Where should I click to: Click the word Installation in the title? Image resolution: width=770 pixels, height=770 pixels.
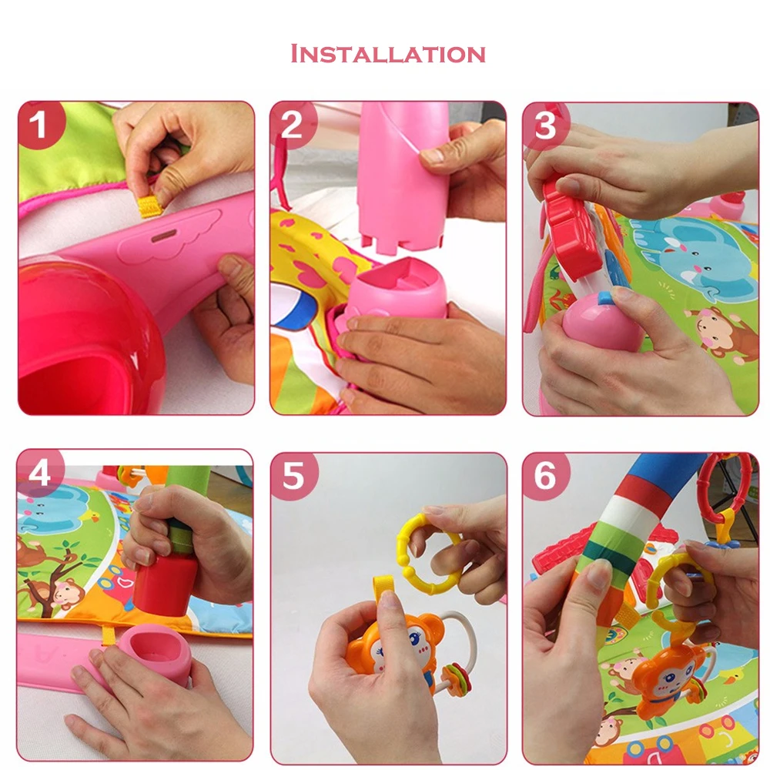(x=388, y=54)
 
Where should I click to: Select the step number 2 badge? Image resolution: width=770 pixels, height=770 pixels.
(x=293, y=125)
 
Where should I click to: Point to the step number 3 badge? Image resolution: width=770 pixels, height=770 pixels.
(x=545, y=126)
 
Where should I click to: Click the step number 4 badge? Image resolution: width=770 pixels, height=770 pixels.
(x=40, y=473)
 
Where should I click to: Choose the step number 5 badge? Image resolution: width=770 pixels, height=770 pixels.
(x=293, y=475)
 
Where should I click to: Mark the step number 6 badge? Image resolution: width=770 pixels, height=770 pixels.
(x=545, y=475)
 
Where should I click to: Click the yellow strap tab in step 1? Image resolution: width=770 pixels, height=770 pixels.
(x=150, y=206)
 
